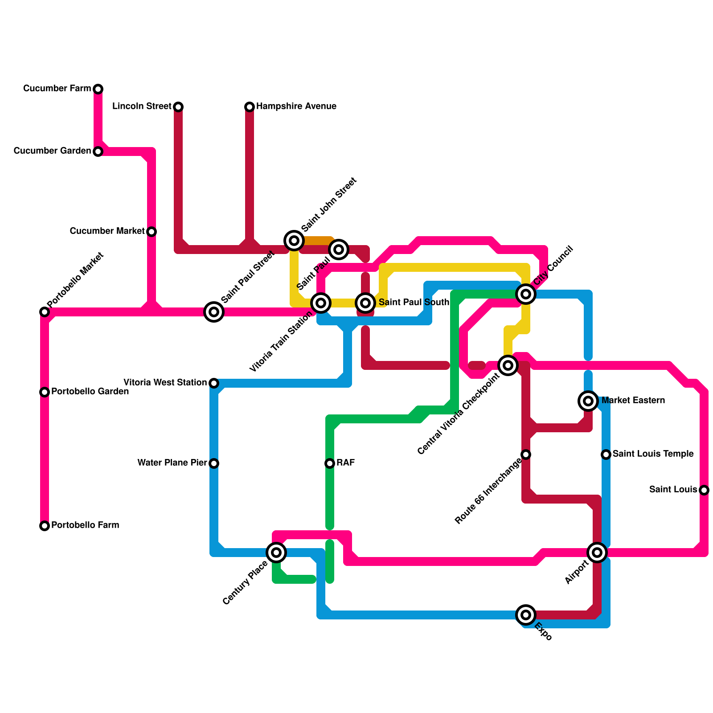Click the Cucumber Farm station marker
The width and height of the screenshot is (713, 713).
coord(98,89)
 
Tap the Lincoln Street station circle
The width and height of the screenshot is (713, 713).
coord(178,107)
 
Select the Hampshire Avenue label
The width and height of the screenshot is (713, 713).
coord(296,107)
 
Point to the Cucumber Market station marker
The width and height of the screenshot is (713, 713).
coord(152,232)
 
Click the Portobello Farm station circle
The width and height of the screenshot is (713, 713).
coord(45,526)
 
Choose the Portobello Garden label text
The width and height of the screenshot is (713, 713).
coord(90,392)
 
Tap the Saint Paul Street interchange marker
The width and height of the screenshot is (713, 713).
coord(214,312)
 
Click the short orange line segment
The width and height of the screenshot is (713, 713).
coord(317,241)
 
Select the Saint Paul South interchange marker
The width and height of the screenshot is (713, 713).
coord(365,303)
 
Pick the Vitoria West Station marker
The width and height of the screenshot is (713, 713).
coord(214,383)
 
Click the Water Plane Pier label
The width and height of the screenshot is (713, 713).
coord(172,463)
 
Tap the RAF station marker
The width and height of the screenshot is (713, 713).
coord(330,463)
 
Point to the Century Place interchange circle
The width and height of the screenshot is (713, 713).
coord(276,553)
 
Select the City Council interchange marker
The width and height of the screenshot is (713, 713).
coord(526,294)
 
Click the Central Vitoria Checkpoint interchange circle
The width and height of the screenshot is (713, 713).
coord(508,365)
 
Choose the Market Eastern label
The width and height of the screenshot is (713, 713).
coord(633,401)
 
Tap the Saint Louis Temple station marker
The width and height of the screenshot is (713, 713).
coord(606,455)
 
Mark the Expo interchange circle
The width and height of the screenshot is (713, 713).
coord(526,615)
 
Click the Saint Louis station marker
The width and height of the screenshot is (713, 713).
coord(704,490)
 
